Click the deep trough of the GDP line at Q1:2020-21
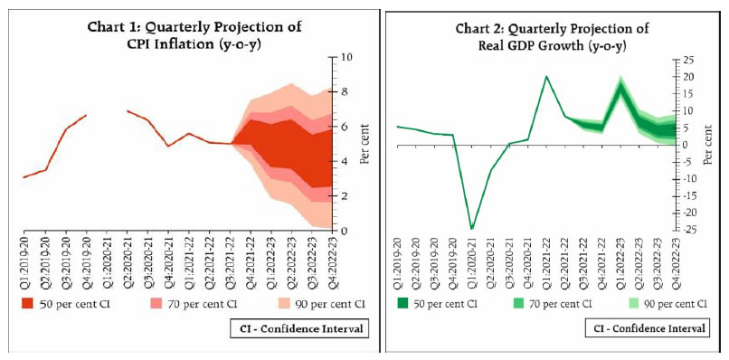click(471, 228)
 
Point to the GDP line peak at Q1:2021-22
click(546, 77)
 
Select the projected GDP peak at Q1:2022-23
click(620, 85)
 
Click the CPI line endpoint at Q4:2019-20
click(86, 115)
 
